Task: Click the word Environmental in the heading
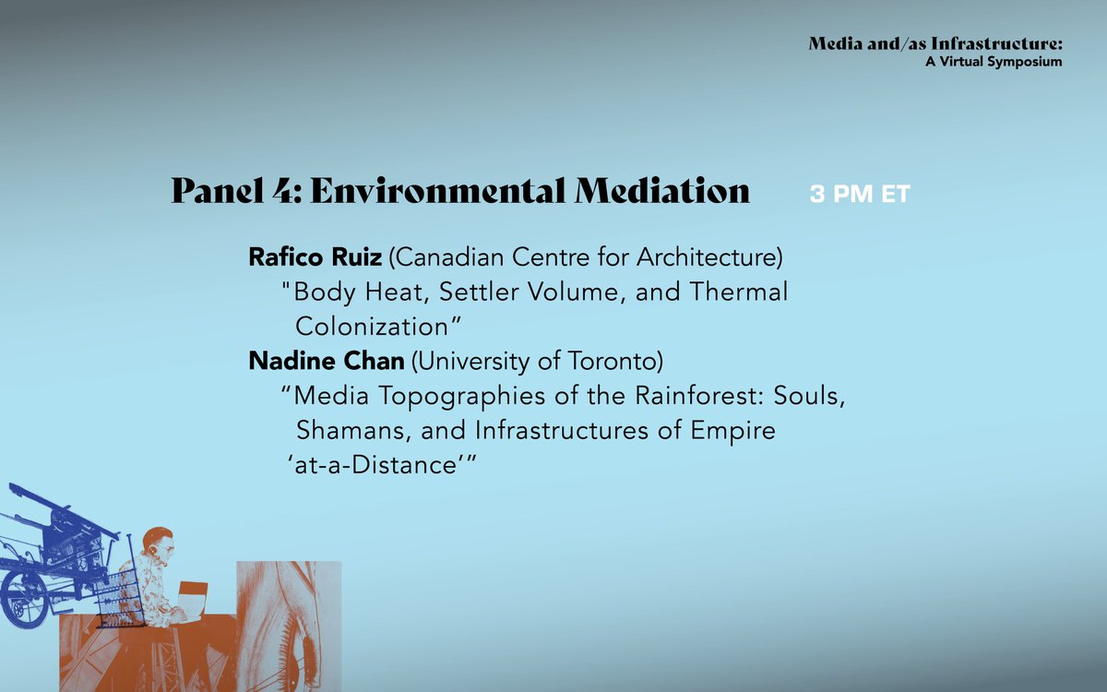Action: (437, 191)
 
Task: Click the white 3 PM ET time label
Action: (860, 195)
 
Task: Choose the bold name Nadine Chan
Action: (326, 361)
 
